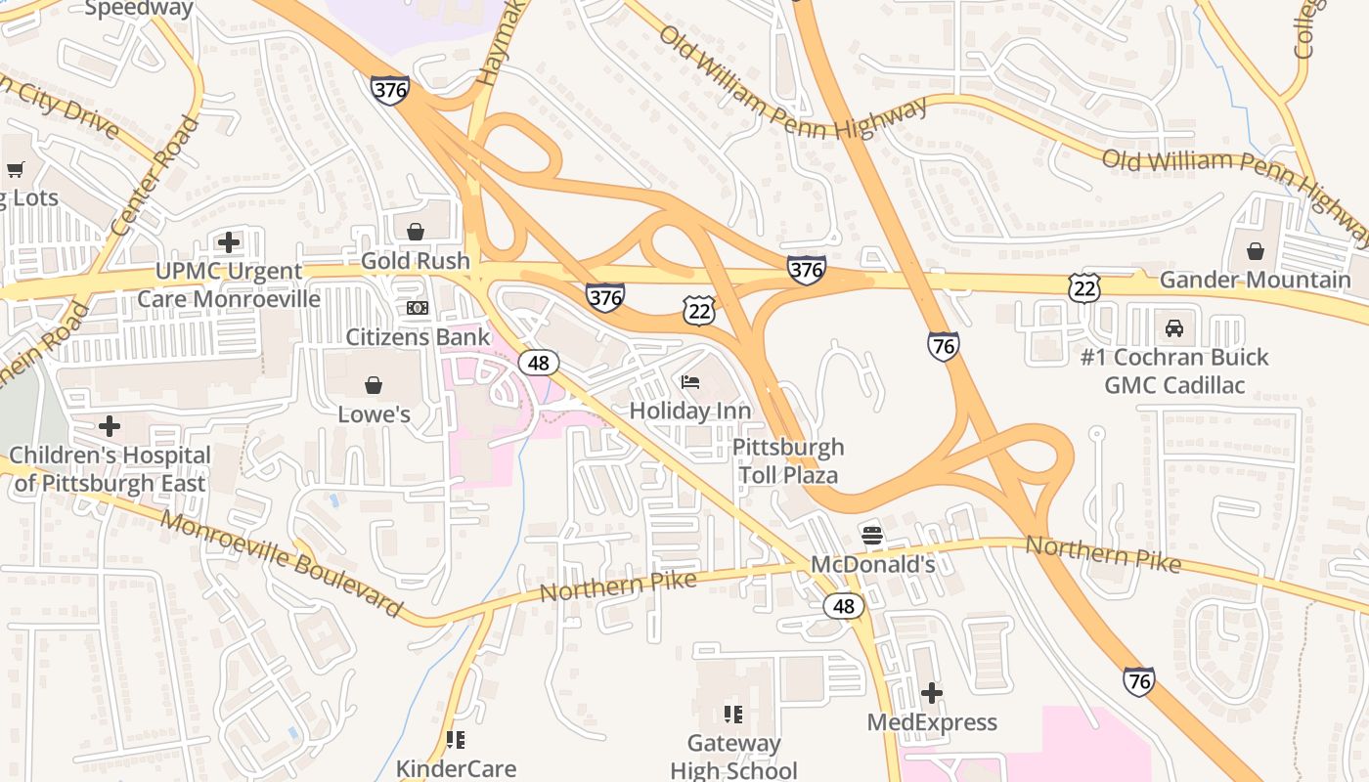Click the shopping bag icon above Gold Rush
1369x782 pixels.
pyautogui.click(x=416, y=232)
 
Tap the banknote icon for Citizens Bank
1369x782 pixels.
pyautogui.click(x=418, y=308)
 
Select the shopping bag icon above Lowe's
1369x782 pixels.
pyautogui.click(x=373, y=385)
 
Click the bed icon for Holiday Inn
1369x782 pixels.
pyautogui.click(x=690, y=381)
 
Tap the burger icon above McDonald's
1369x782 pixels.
pyautogui.click(x=872, y=536)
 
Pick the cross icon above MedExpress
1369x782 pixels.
pyautogui.click(x=932, y=693)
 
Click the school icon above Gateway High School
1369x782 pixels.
pyautogui.click(x=732, y=715)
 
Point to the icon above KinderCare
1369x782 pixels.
pyautogui.click(x=455, y=740)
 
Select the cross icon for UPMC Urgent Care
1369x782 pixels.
pyautogui.click(x=229, y=241)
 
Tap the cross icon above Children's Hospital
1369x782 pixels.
pyautogui.click(x=110, y=426)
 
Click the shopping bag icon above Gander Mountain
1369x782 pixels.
pyautogui.click(x=1255, y=251)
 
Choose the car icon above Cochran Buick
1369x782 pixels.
pyautogui.click(x=1173, y=327)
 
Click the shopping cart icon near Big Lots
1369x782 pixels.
pyautogui.click(x=15, y=170)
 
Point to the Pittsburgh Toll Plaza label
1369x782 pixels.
pyautogui.click(x=787, y=461)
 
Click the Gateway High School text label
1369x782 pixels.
pyautogui.click(x=733, y=757)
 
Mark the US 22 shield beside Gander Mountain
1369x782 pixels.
pyautogui.click(x=1084, y=287)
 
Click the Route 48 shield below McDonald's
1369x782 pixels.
pyautogui.click(x=843, y=606)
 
